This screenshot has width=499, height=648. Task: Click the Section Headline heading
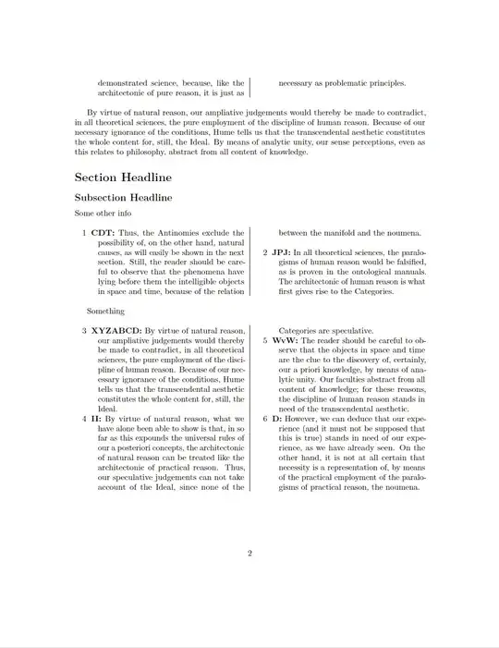tap(122, 177)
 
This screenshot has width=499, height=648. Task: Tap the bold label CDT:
tap(103, 233)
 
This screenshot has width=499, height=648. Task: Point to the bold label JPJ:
tap(281, 252)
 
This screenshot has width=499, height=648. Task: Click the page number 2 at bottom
tap(249, 554)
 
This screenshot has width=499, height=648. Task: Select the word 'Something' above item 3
tap(106, 312)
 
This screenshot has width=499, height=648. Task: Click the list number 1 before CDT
tap(84, 233)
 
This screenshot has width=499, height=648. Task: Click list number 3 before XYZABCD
tap(84, 330)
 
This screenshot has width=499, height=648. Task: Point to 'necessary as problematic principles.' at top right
tap(342, 82)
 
